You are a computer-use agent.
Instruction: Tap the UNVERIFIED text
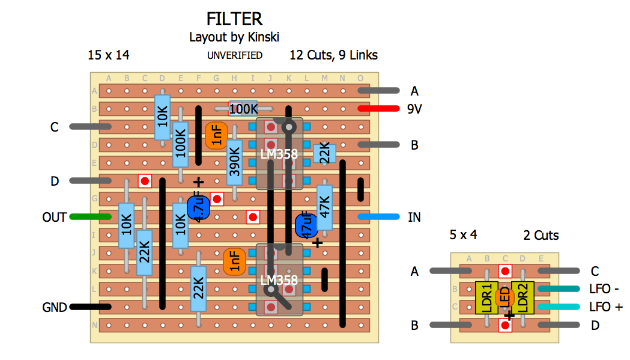coord(235,55)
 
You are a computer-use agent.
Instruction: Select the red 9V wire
coord(378,109)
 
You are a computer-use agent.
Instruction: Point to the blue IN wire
coord(378,217)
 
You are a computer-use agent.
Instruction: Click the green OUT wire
coord(91,217)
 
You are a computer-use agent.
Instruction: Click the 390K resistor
coord(234,162)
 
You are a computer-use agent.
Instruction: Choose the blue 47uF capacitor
coord(306,225)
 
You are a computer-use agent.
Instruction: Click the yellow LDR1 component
coord(486,297)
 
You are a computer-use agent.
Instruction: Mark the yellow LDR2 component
coord(522,297)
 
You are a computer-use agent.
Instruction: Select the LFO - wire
coord(559,289)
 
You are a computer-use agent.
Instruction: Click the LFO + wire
coord(559,307)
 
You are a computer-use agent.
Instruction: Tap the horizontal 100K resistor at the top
coord(243,109)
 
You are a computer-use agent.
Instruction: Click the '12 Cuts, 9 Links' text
coord(333,55)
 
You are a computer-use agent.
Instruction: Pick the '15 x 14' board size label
coord(108,55)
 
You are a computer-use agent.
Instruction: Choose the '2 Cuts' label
coord(541,236)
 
